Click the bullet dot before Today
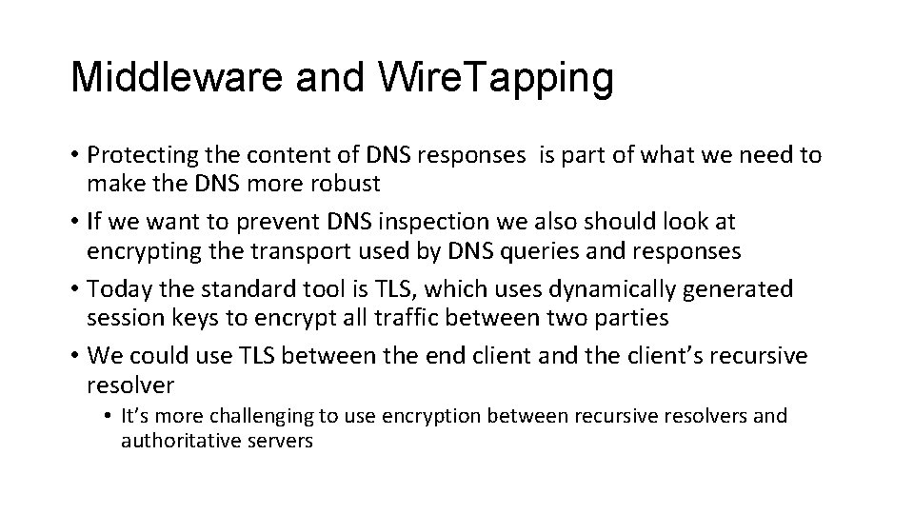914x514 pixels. (74, 289)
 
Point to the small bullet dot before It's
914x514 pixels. (110, 416)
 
